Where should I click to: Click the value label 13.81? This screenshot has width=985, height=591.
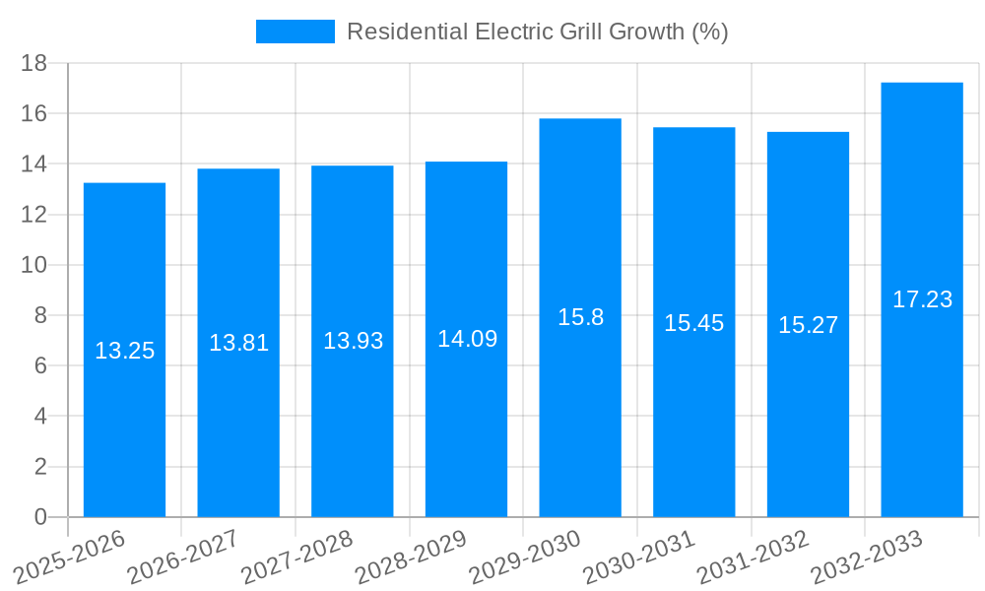click(x=238, y=343)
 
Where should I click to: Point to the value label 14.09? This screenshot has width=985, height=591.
click(x=467, y=339)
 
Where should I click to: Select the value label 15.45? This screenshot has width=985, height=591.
click(x=693, y=323)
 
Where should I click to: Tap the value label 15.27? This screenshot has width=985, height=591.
click(x=808, y=325)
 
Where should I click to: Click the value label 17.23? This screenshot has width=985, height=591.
click(x=922, y=299)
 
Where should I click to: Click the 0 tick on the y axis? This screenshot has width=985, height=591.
click(x=40, y=517)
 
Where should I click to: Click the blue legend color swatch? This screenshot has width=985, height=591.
click(x=295, y=32)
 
